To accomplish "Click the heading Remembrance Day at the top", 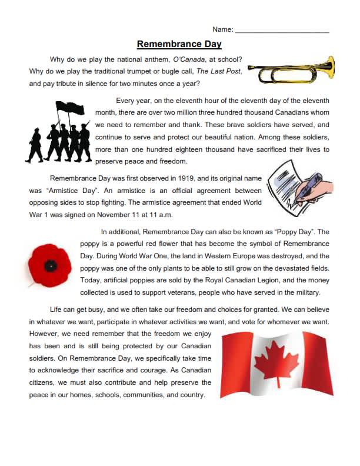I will point(179,44).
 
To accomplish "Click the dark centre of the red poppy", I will point(51,266).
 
